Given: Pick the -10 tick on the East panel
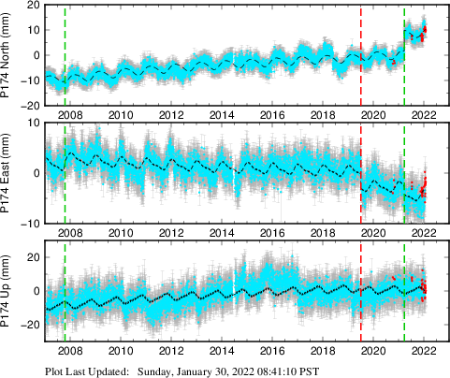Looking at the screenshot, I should (30, 223).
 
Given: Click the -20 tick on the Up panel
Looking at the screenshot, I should (30, 325).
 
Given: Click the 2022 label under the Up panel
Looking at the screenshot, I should (424, 351).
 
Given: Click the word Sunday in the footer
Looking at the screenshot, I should (157, 371).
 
